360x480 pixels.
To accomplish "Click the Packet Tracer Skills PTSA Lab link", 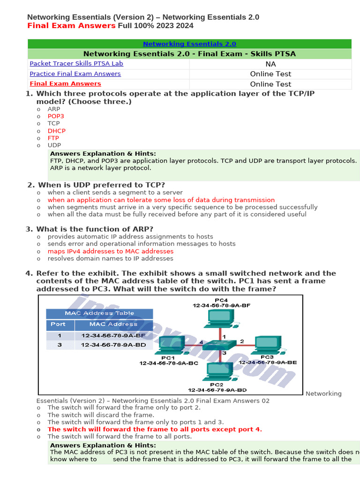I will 76,63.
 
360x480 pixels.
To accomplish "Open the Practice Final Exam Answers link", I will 75,74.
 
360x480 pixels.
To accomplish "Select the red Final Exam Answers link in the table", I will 65,84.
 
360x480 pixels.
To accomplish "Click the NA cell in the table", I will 270,64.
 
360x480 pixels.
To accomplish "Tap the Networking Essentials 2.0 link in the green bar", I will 189,44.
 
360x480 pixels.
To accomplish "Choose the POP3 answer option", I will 56,116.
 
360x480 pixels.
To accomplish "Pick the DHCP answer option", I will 57,131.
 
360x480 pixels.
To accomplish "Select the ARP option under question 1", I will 54,109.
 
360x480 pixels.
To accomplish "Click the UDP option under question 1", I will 54,145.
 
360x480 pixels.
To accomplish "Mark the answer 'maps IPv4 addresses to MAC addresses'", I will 110,251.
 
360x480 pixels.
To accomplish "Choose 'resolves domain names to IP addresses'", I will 110,258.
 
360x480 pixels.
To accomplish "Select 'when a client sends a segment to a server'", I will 115,193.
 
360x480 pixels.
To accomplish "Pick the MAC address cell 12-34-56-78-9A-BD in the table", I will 113,345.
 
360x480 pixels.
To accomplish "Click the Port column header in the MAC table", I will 59,324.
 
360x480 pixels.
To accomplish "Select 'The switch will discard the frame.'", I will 101,415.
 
